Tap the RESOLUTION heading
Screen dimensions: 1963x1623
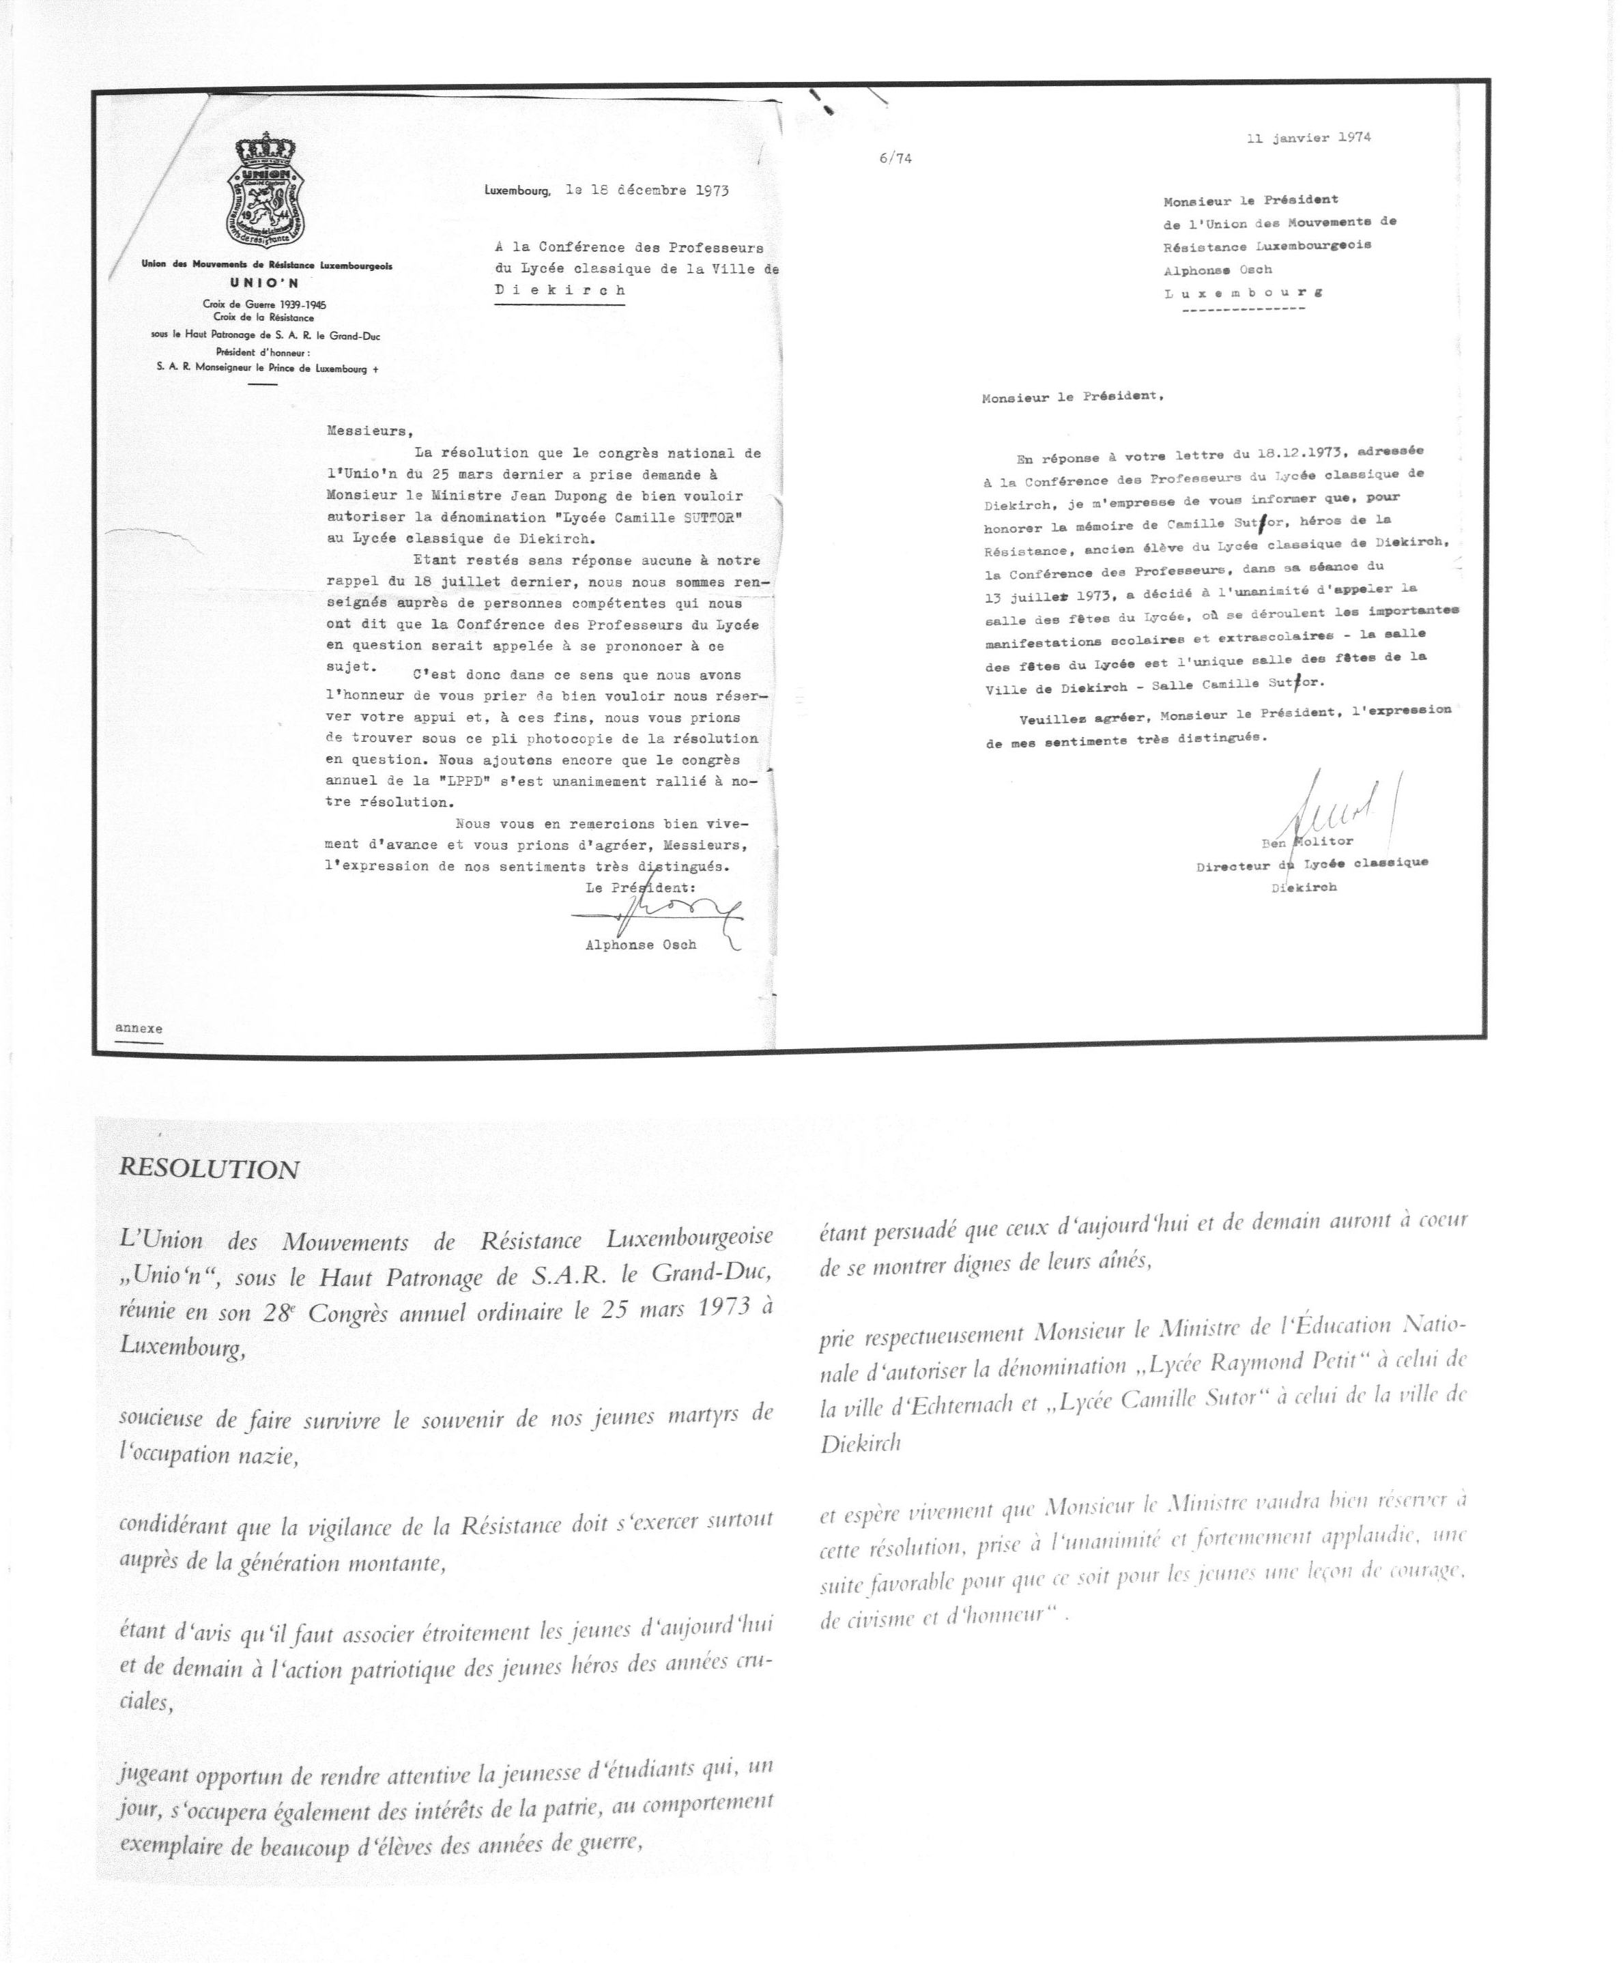coord(210,1169)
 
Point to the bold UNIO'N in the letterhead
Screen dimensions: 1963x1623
coord(266,283)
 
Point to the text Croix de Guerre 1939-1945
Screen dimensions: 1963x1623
coord(265,304)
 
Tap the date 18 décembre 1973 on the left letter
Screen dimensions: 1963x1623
coord(647,190)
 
